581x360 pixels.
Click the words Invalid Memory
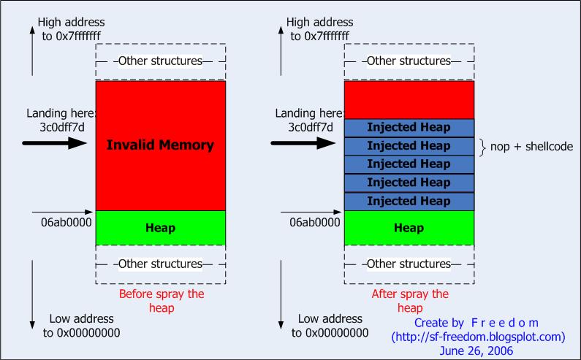point(160,145)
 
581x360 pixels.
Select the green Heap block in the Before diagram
point(161,228)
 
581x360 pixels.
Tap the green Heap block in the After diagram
point(409,228)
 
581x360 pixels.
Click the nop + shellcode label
point(531,147)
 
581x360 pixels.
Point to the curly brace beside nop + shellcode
point(482,147)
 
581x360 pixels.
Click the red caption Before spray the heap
point(162,301)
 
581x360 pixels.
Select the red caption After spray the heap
point(410,301)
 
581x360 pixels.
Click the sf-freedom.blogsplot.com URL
point(479,337)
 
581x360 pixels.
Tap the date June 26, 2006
point(476,351)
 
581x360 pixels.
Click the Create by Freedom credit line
point(476,323)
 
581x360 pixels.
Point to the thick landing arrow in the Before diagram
point(55,143)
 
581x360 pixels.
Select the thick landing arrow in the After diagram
point(303,143)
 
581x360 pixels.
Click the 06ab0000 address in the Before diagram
point(67,222)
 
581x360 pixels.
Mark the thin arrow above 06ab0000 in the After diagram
point(311,212)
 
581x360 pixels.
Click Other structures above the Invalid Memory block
point(160,61)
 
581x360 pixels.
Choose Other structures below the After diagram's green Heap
point(409,264)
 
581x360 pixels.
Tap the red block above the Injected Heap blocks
point(409,99)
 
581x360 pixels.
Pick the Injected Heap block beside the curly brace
point(409,146)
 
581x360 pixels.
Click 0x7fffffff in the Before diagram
point(78,36)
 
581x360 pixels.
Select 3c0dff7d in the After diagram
point(311,127)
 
